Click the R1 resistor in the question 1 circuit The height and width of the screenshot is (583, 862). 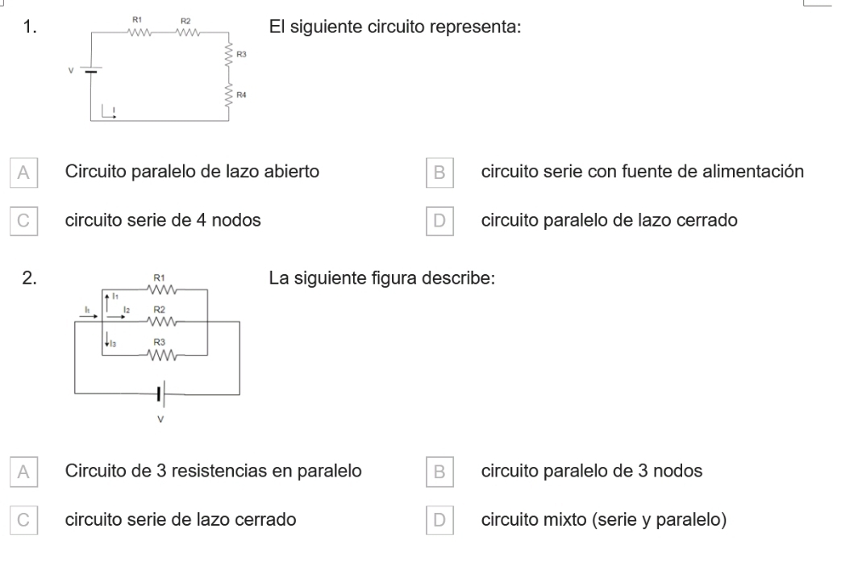(139, 32)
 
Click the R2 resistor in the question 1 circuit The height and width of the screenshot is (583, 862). (187, 32)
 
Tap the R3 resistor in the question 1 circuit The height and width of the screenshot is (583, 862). (228, 55)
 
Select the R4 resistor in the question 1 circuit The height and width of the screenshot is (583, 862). (228, 96)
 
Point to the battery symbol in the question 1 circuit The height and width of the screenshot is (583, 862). (90, 70)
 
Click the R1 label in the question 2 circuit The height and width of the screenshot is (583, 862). (159, 277)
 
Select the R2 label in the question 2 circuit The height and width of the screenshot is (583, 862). (159, 310)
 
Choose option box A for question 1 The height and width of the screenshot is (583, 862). (23, 173)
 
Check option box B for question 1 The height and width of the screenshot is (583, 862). (439, 173)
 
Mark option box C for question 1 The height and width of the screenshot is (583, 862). (23, 221)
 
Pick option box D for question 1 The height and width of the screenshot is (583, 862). (439, 221)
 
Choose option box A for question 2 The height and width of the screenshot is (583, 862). (23, 472)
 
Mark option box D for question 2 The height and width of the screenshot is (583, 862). (439, 520)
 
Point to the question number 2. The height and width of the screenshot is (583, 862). (29, 278)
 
